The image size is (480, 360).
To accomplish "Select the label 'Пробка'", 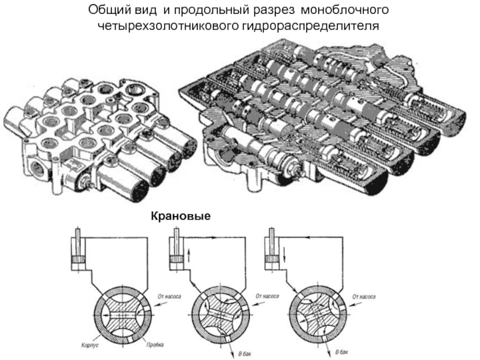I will click(153, 347).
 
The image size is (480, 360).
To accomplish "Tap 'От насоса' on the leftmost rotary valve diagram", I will click(169, 296).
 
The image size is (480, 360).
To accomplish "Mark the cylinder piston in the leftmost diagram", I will click(78, 259).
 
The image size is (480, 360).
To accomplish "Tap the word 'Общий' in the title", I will click(106, 11).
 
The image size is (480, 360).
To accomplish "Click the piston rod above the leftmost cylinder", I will click(78, 237).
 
